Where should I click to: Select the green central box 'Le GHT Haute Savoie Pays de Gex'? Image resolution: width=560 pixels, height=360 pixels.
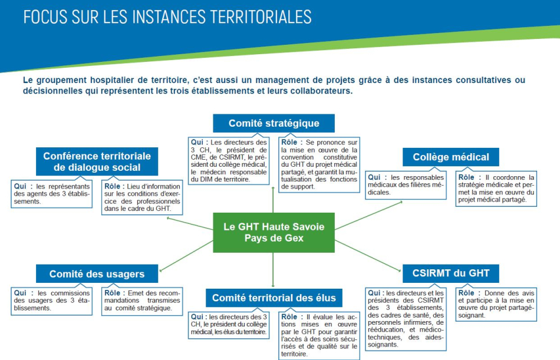274,232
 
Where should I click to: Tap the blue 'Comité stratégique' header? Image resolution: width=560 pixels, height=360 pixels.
274,123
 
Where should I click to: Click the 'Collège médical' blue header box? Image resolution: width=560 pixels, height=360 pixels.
451,157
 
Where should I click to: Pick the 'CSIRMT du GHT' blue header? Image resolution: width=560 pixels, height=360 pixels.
451,273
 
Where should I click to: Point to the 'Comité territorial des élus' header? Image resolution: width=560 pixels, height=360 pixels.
274,298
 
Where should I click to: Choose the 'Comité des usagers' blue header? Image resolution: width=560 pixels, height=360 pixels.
97,274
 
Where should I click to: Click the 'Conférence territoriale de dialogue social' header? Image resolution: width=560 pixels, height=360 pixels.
97,161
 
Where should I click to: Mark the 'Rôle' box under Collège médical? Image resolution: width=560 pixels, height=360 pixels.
496,188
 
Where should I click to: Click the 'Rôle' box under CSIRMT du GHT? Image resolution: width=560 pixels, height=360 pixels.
496,304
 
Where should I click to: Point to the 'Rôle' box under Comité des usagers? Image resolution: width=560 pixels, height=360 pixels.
142,300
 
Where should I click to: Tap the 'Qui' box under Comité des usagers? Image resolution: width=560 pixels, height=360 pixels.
52,300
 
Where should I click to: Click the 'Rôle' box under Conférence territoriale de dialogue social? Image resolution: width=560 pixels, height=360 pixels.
142,197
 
